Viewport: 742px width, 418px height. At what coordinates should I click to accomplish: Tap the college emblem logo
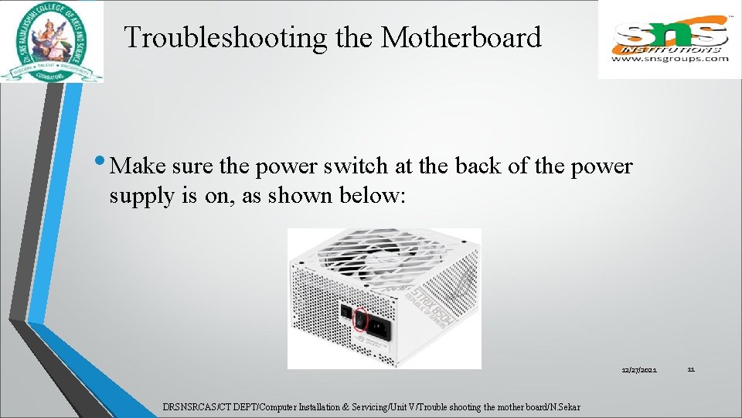point(52,41)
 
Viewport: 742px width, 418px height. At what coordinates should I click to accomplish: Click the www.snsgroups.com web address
point(669,58)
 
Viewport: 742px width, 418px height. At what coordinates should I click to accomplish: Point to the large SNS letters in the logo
point(669,35)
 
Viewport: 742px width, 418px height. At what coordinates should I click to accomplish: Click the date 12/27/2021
point(639,371)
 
